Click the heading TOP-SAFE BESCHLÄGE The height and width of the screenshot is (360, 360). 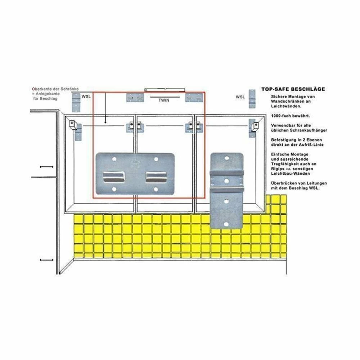coord(293,89)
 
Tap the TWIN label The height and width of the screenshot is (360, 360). coord(164,100)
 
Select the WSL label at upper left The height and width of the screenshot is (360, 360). coord(86,96)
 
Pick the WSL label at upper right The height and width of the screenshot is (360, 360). coord(240,97)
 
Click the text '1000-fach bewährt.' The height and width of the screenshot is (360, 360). coord(291,116)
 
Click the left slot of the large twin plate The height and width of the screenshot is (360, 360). coord(114,177)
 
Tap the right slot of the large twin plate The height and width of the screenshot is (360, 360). coord(156,177)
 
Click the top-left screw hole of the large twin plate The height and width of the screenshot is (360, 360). coord(114,159)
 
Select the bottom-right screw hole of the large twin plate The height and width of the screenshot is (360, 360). coord(156,189)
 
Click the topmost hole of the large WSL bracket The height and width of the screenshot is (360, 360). coord(226,158)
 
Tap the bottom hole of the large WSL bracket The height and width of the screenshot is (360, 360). coord(226,224)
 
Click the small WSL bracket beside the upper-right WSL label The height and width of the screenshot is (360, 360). coord(252,99)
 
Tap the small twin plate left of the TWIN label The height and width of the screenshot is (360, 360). coord(135,98)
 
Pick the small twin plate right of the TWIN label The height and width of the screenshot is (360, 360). coord(194,98)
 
